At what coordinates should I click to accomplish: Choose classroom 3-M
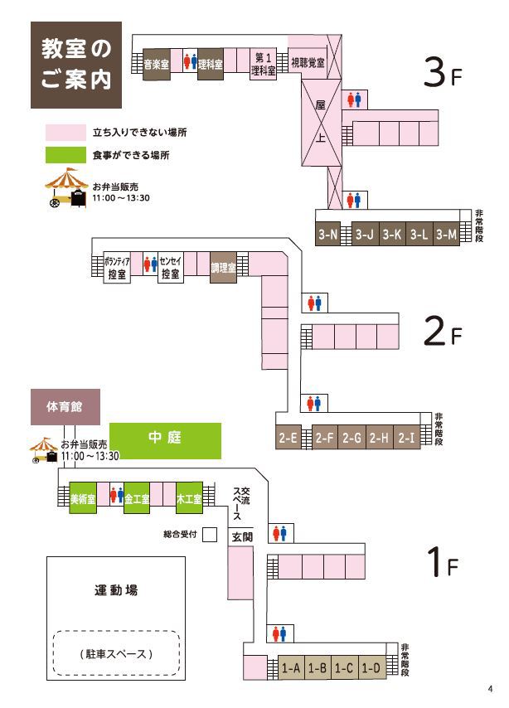(447, 235)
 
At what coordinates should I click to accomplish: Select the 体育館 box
(65, 407)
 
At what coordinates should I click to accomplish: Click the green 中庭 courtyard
(166, 440)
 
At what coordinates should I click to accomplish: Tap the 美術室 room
(83, 499)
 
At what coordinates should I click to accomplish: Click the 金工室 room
(137, 499)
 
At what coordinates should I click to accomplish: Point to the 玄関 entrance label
(240, 536)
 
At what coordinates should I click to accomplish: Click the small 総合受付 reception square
(210, 535)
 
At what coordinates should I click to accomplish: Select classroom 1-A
(291, 668)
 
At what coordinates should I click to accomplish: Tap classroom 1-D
(371, 668)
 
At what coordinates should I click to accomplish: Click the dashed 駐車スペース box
(117, 653)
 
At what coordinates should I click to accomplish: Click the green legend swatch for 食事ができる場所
(65, 155)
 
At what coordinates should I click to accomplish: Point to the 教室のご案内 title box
(75, 65)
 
